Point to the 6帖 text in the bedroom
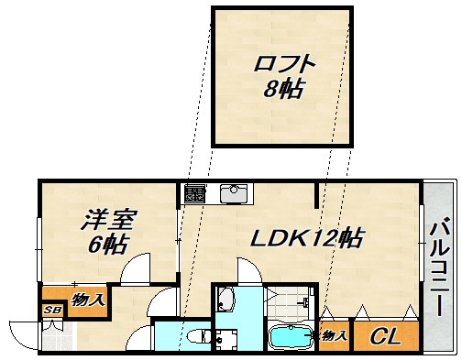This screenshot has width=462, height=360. tap(107, 245)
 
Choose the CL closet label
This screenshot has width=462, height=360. tap(384, 337)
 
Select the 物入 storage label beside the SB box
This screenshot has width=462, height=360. tap(87, 299)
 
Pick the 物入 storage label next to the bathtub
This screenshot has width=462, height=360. tap(334, 336)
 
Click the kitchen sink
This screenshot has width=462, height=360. tap(231, 194)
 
